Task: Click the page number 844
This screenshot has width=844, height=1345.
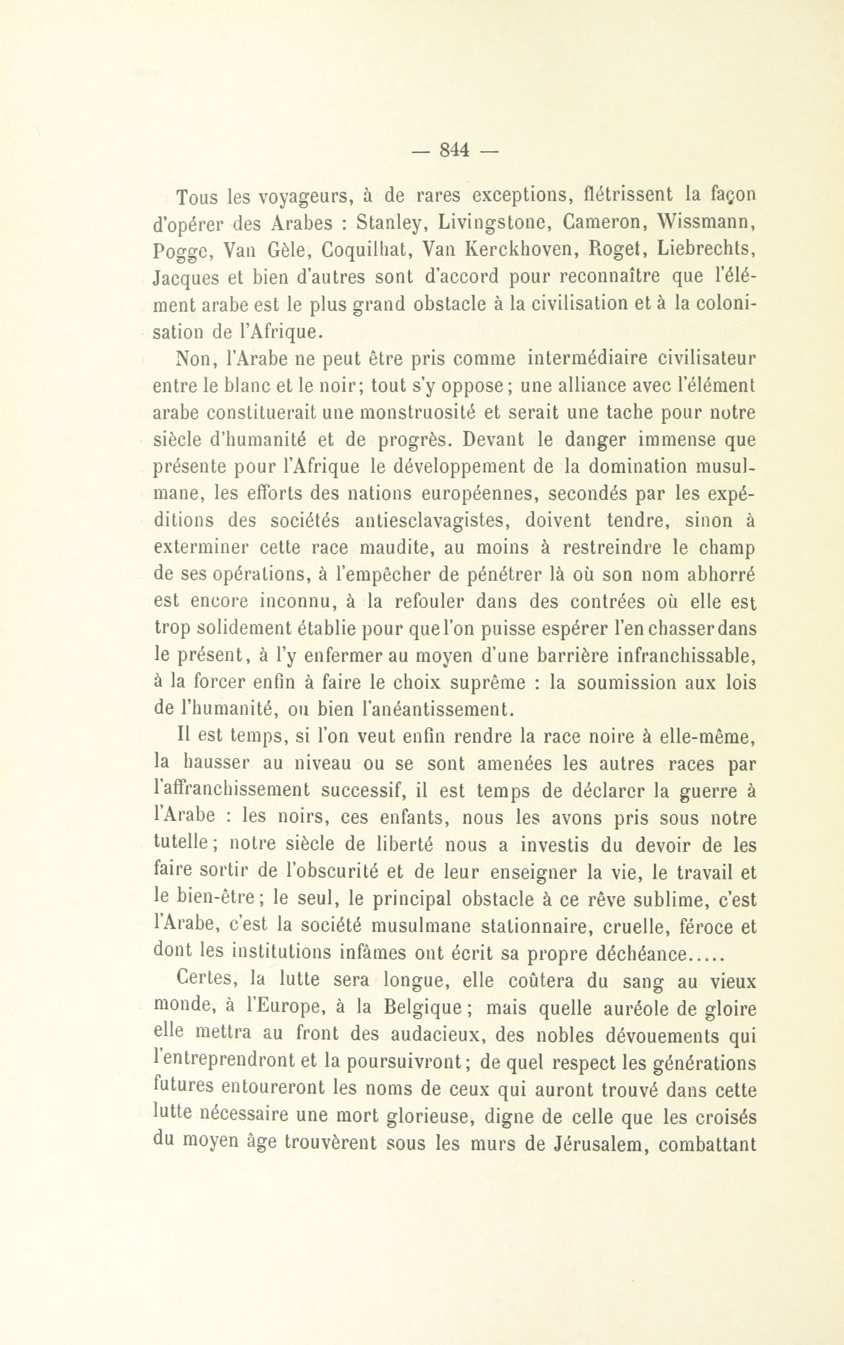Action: point(453,150)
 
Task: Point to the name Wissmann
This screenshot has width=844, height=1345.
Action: point(707,223)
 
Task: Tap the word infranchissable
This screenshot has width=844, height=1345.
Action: point(686,656)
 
